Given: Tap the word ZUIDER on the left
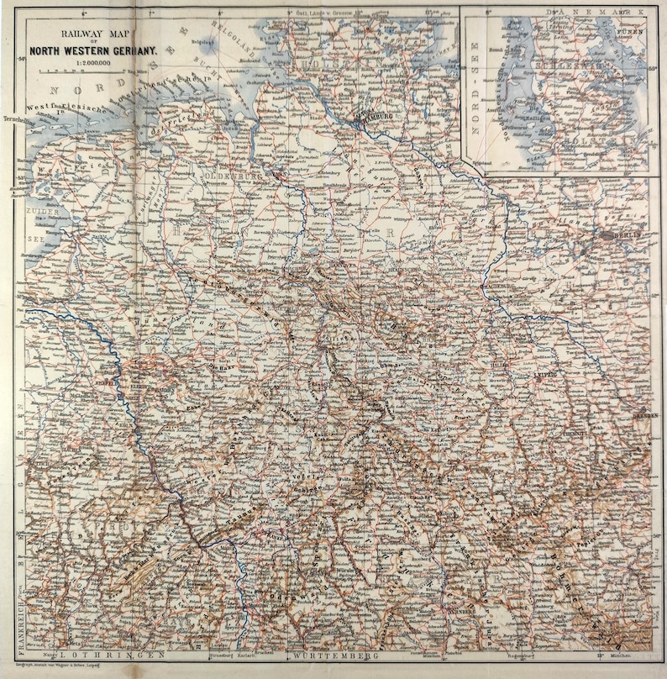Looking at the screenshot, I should [x=37, y=213].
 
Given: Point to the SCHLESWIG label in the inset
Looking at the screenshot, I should [x=571, y=64].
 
